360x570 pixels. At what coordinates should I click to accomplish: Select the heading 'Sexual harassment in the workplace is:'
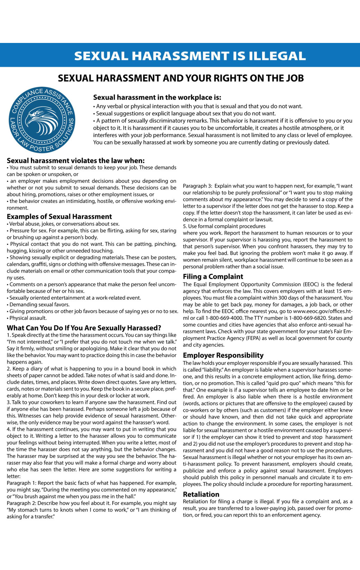pos(157,97)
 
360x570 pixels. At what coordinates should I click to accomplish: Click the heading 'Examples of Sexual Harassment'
pos(59,216)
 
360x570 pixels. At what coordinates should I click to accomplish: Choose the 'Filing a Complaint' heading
pos(213,276)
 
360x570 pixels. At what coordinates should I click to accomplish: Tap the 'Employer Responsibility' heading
pos(223,355)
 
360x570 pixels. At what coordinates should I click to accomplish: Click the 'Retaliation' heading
pos(201,494)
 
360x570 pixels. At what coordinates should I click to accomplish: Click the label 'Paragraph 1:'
pos(21,483)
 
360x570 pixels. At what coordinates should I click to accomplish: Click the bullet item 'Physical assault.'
pos(28,318)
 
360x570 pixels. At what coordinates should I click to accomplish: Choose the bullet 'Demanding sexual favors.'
pos(39,304)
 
